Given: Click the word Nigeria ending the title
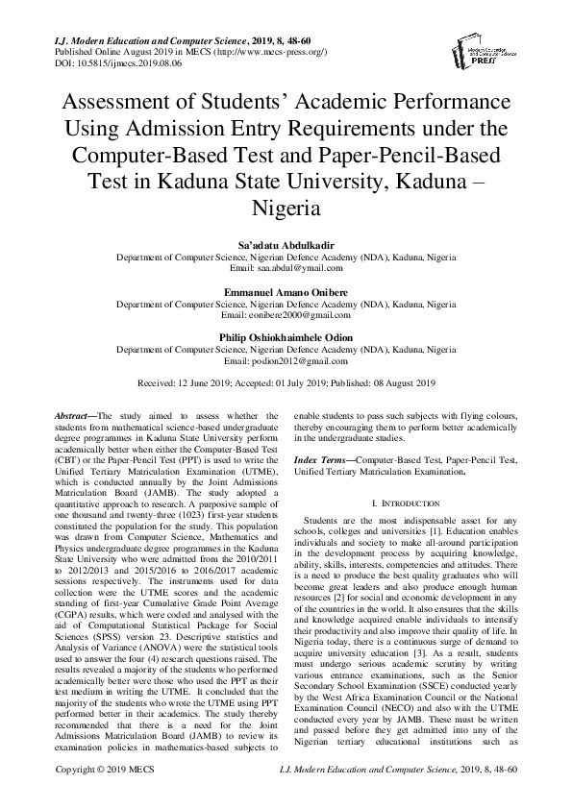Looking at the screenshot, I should [x=286, y=208].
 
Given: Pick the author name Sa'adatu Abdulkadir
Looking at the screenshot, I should [x=286, y=246].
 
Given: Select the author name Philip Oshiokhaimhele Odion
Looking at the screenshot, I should [x=286, y=337].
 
